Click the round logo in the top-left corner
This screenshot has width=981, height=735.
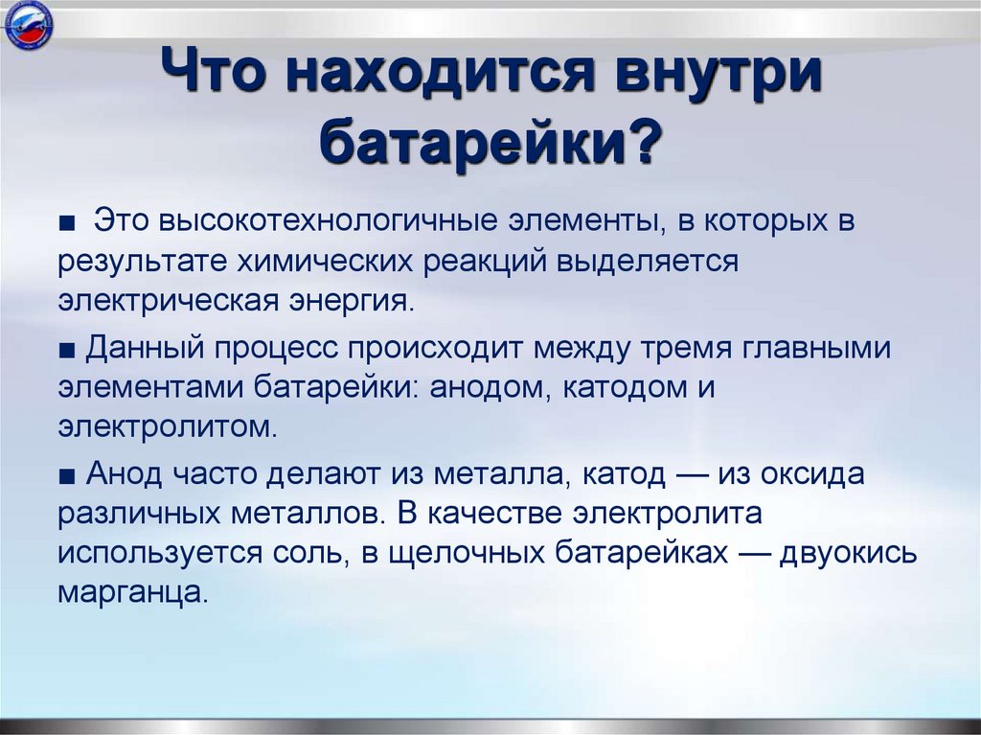28,27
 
